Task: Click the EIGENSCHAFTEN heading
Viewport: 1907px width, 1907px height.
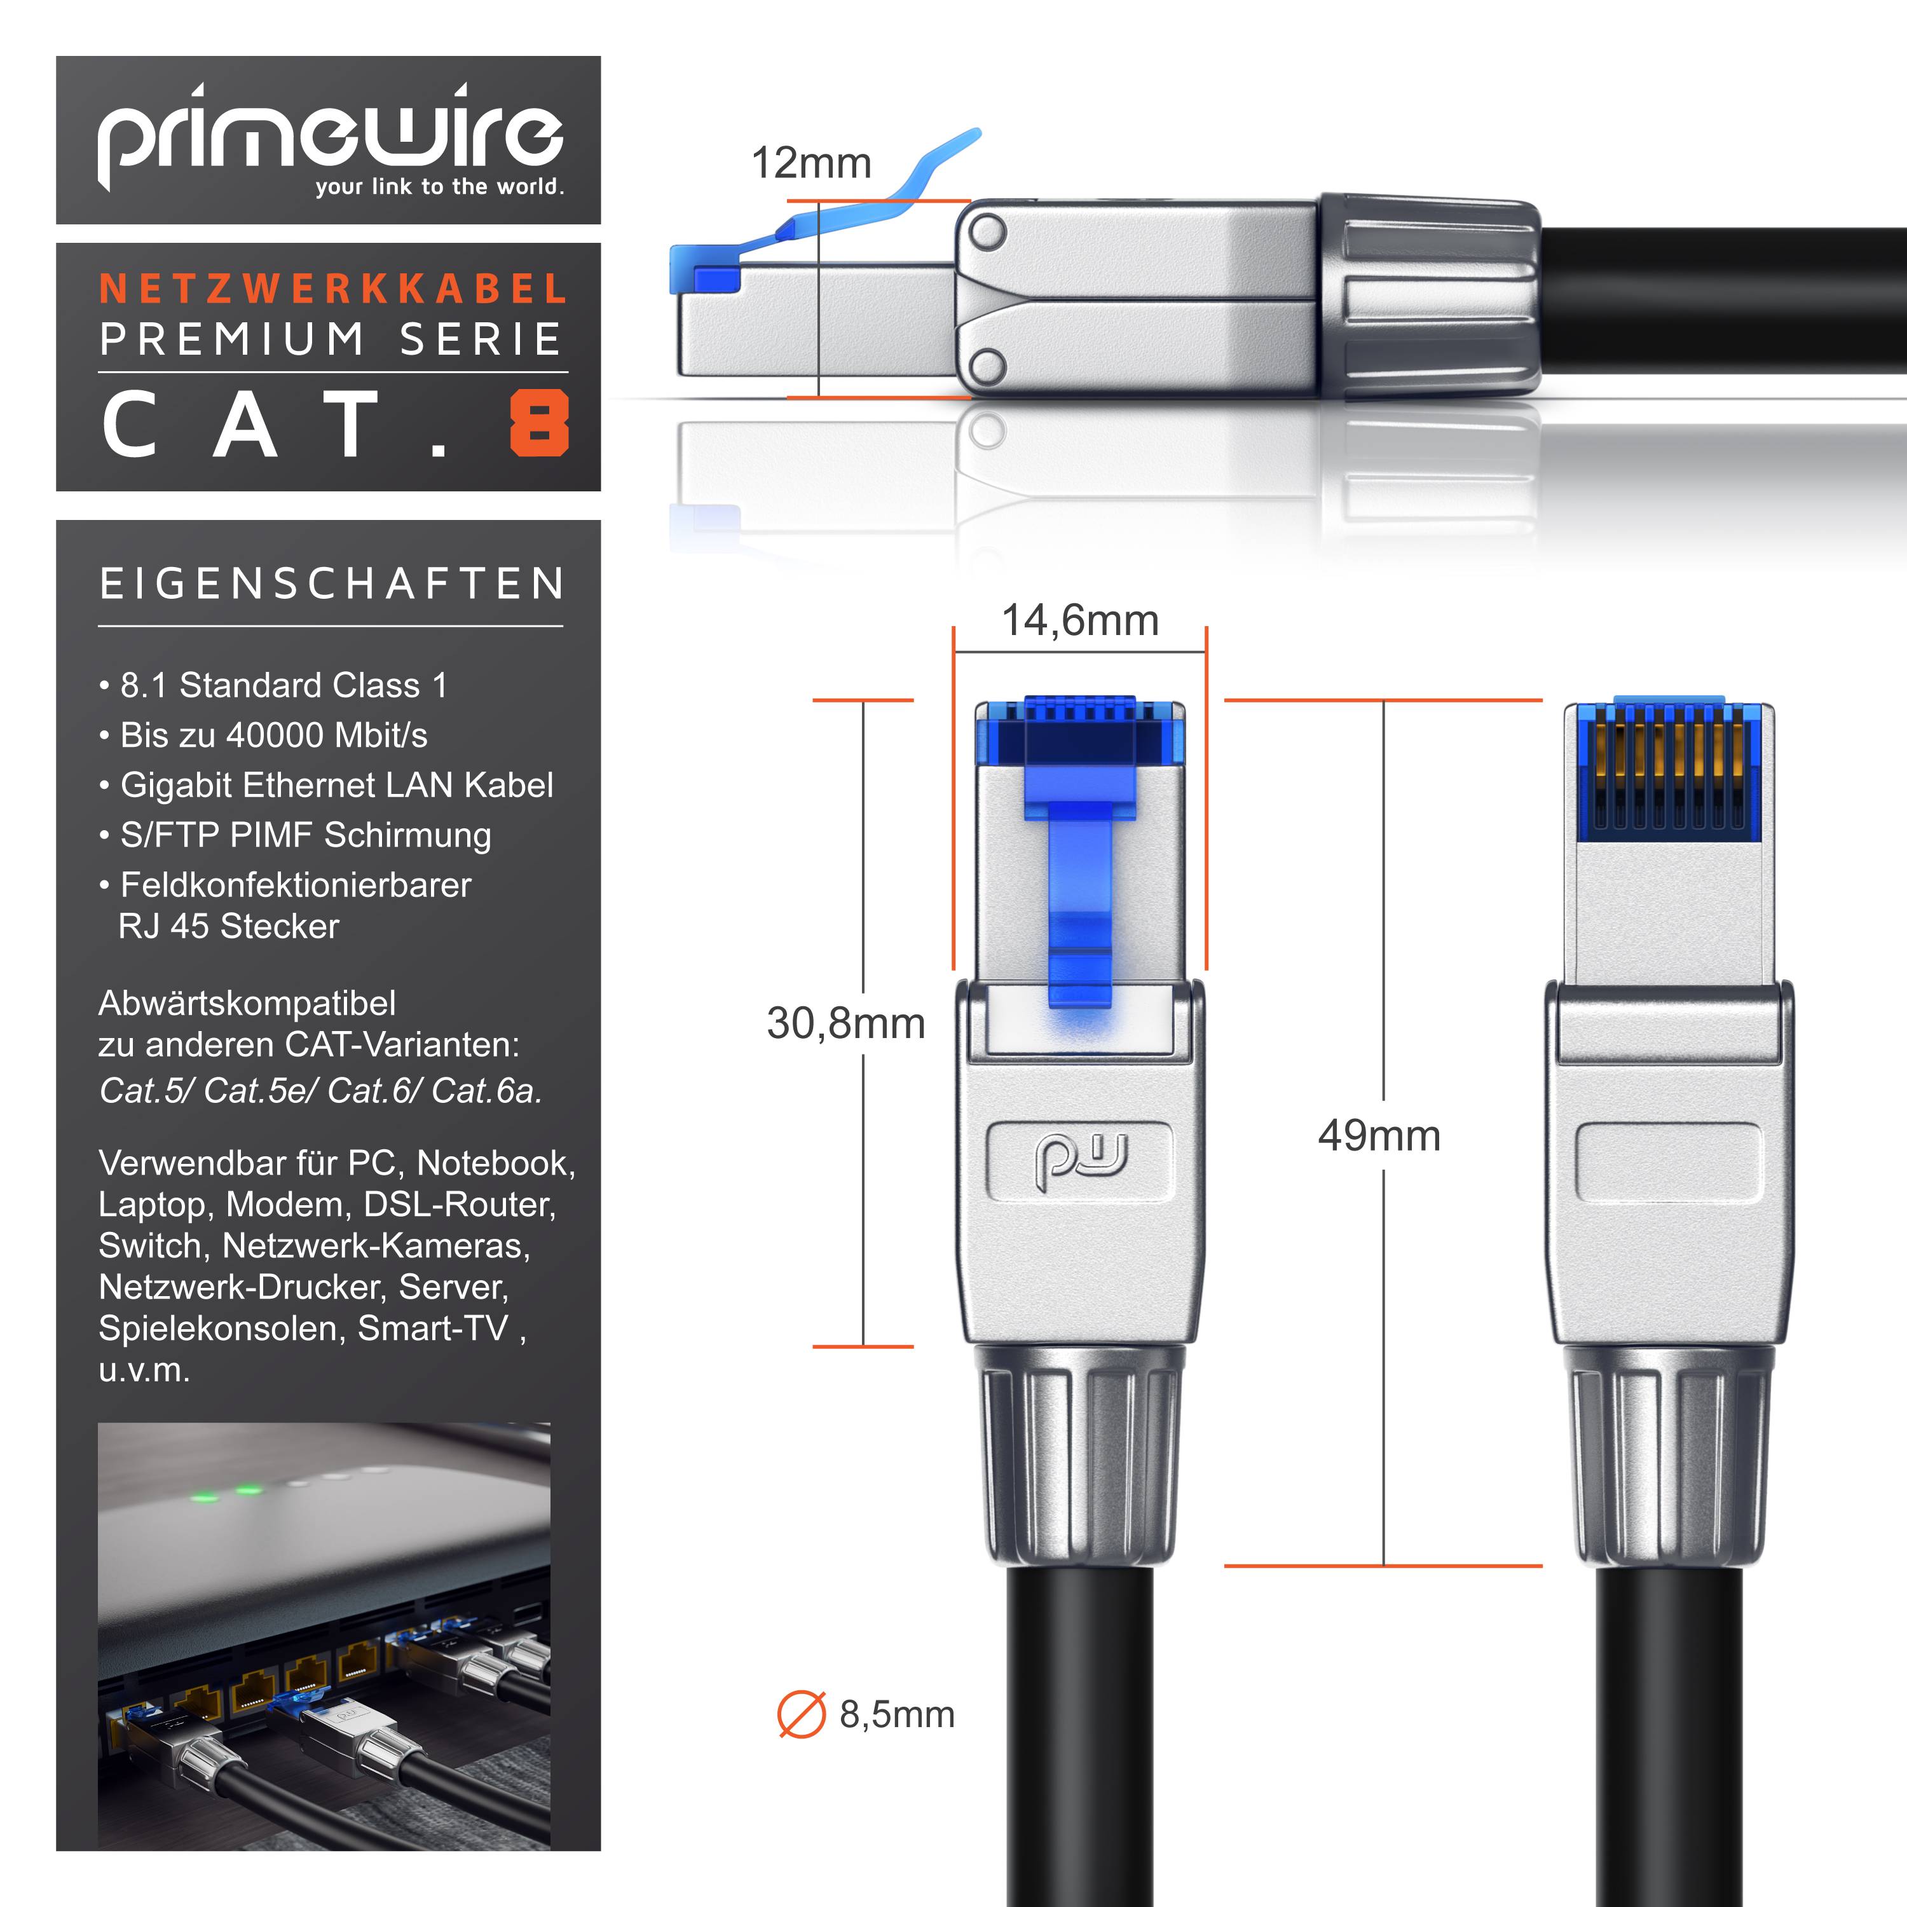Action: pos(332,584)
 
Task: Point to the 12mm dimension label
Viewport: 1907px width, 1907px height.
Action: pos(810,163)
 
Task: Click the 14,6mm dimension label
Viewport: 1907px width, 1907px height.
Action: pos(1080,620)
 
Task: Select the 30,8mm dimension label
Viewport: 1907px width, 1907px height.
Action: pos(846,1023)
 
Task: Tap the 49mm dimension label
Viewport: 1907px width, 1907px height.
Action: pos(1378,1135)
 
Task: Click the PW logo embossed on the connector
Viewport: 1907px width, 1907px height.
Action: pos(1080,1160)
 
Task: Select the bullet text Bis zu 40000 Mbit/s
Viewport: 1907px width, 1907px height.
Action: pos(273,735)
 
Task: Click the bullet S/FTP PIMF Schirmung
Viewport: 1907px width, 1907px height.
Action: pos(304,835)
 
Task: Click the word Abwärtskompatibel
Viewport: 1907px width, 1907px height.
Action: pos(247,1003)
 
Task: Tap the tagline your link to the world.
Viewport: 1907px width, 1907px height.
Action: pos(439,186)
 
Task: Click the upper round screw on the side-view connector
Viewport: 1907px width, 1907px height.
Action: pos(987,233)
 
